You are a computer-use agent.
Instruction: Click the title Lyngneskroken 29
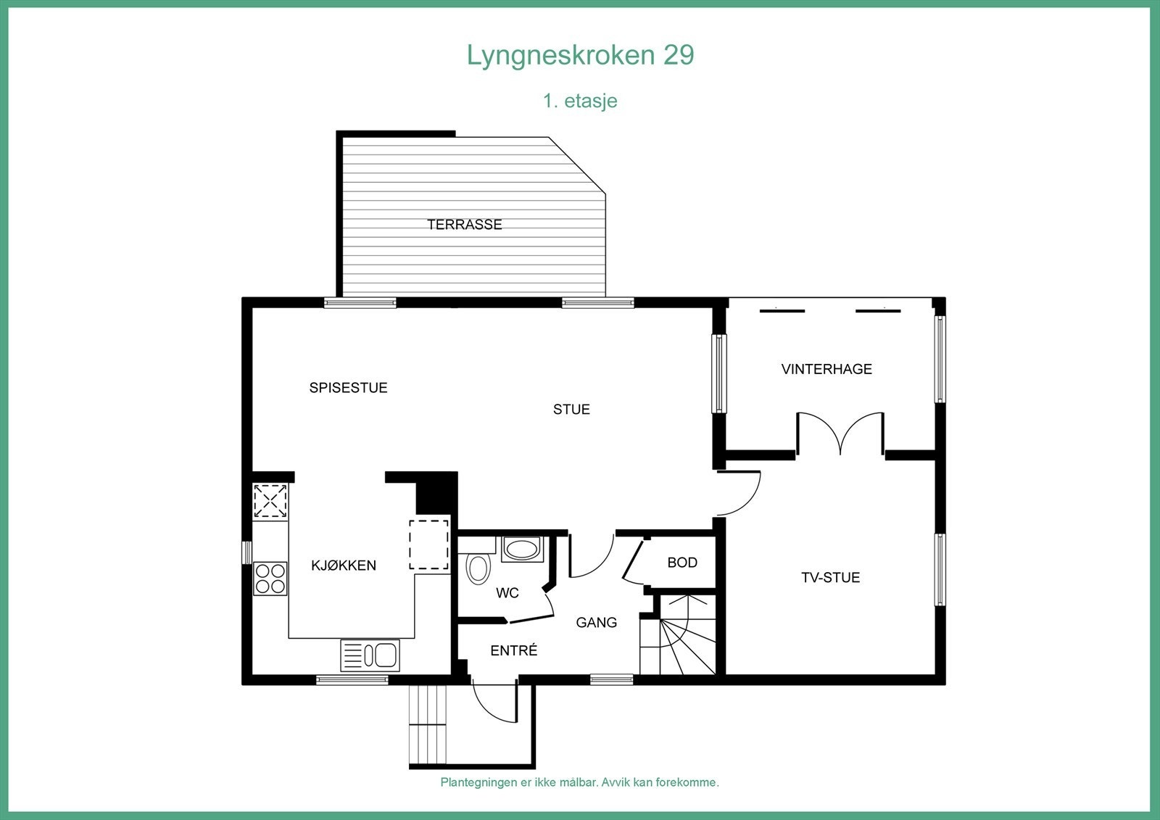(x=580, y=55)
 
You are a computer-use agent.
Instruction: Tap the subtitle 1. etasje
(x=580, y=100)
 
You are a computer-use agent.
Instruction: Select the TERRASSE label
(x=465, y=225)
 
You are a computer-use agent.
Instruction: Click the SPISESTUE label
(x=348, y=388)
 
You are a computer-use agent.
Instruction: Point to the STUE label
(x=571, y=410)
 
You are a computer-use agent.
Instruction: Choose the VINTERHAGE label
(x=826, y=369)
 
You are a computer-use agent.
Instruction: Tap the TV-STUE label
(x=830, y=578)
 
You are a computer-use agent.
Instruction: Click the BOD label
(x=682, y=563)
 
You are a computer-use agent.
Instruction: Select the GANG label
(x=596, y=622)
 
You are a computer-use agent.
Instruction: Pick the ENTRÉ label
(x=513, y=651)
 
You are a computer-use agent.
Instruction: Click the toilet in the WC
(x=478, y=568)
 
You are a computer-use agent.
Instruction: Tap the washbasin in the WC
(x=521, y=549)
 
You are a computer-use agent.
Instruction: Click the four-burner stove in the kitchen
(x=270, y=579)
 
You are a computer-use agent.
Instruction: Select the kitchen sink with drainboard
(x=370, y=655)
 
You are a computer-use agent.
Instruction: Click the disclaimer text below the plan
(x=580, y=782)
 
